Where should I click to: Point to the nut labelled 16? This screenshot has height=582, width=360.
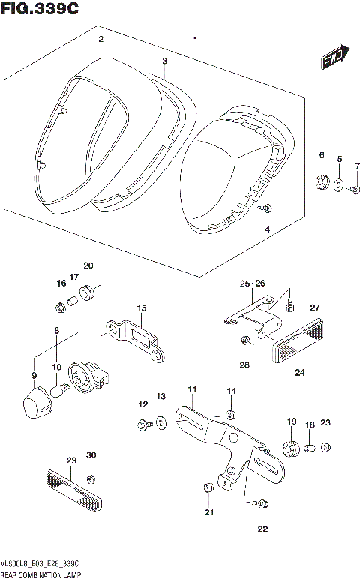[60, 305]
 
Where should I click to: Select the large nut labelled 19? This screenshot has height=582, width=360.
[292, 448]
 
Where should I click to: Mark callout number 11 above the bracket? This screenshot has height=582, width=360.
[192, 389]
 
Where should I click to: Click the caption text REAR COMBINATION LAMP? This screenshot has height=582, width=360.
[41, 574]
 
